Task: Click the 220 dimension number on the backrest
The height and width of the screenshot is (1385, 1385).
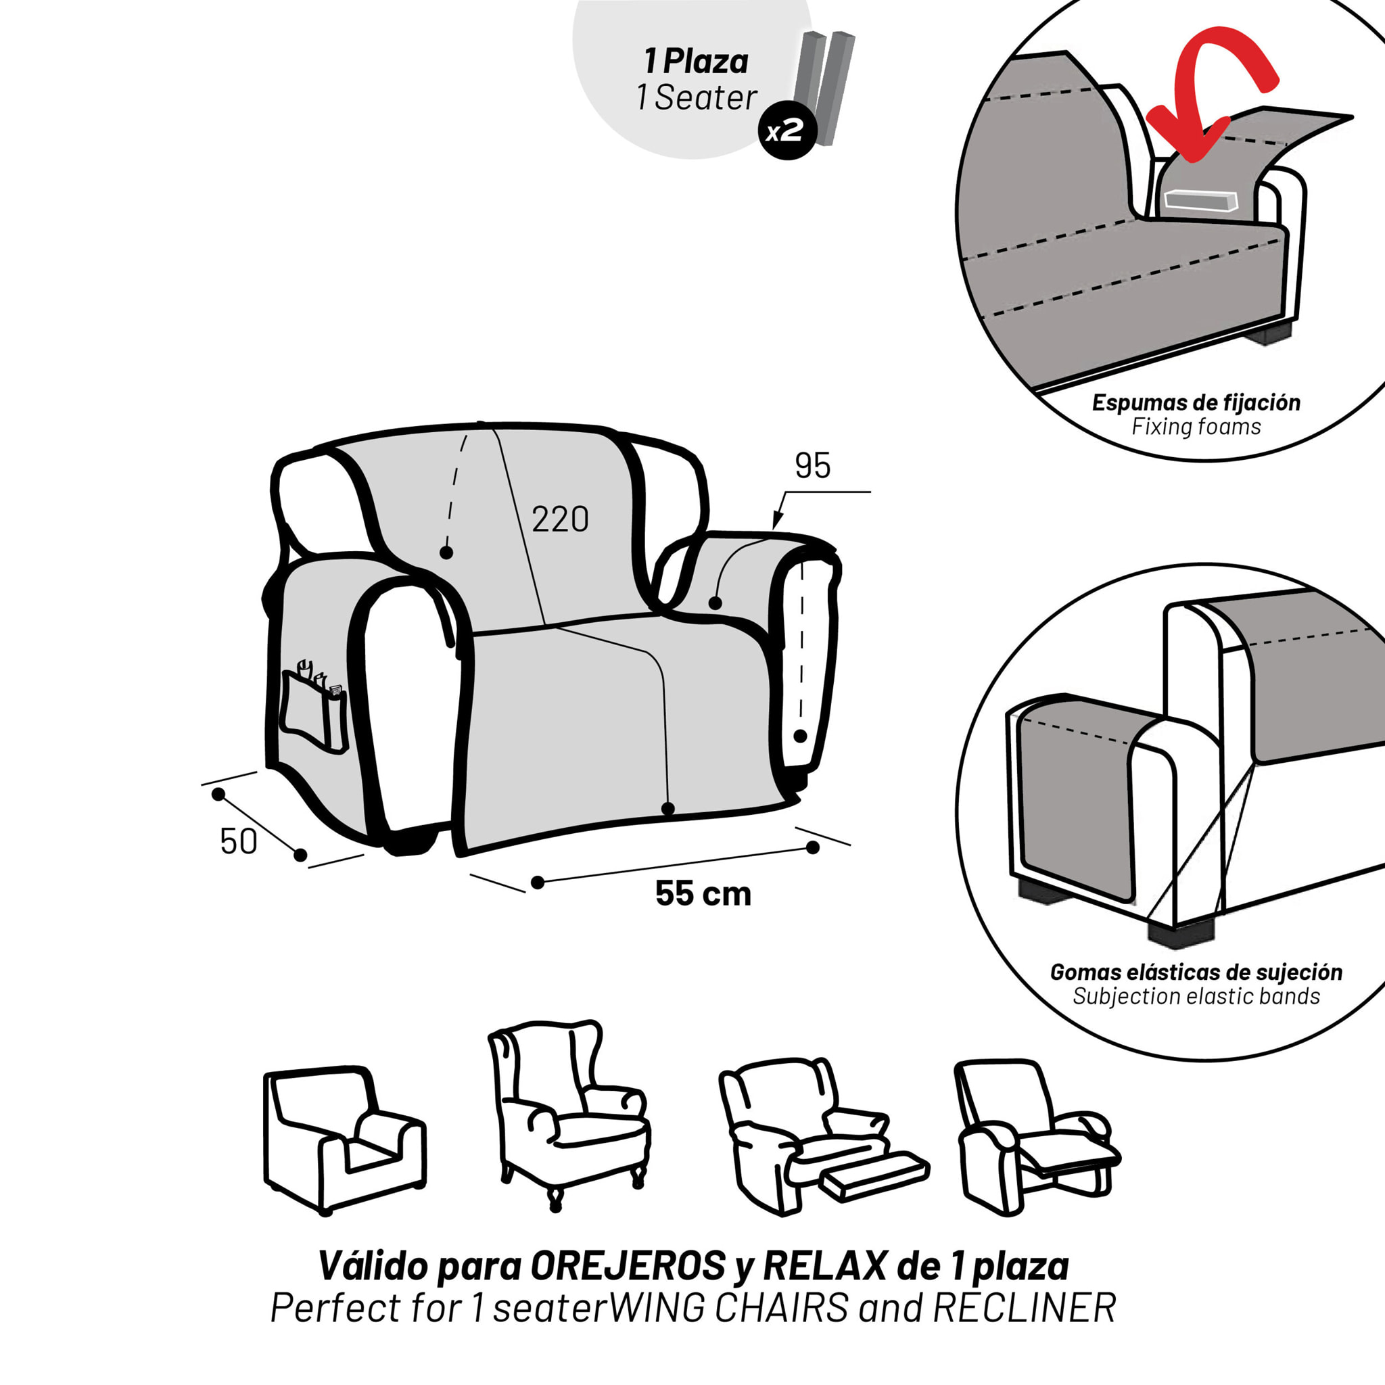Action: click(x=560, y=519)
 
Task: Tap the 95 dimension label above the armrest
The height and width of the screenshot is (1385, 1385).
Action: click(x=812, y=466)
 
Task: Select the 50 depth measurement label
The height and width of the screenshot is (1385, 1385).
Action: click(x=239, y=841)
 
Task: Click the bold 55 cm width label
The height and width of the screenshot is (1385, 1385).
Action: click(x=703, y=893)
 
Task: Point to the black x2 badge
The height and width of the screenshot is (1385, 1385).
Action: click(x=787, y=132)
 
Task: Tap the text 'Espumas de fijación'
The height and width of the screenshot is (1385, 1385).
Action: click(x=1196, y=403)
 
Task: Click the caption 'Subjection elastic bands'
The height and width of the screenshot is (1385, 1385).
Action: click(x=1196, y=996)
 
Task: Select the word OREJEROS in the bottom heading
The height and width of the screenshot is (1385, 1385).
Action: click(x=628, y=1267)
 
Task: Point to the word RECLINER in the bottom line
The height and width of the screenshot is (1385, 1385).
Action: click(x=1025, y=1309)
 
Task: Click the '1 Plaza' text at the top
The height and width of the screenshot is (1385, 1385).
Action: click(x=696, y=62)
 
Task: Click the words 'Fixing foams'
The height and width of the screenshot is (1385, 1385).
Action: click(x=1196, y=427)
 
